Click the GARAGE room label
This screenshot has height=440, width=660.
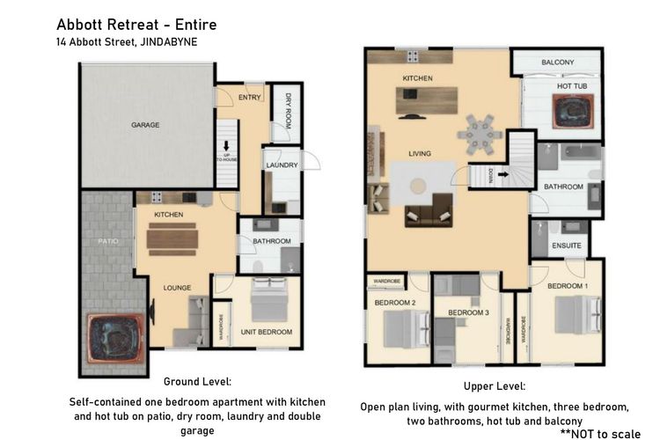(145, 125)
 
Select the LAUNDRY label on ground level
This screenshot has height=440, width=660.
(281, 165)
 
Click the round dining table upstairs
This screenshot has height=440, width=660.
(480, 133)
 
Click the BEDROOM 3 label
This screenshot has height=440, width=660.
(466, 312)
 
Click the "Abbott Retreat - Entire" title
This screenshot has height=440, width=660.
(136, 24)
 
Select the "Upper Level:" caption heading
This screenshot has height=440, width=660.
(494, 386)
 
